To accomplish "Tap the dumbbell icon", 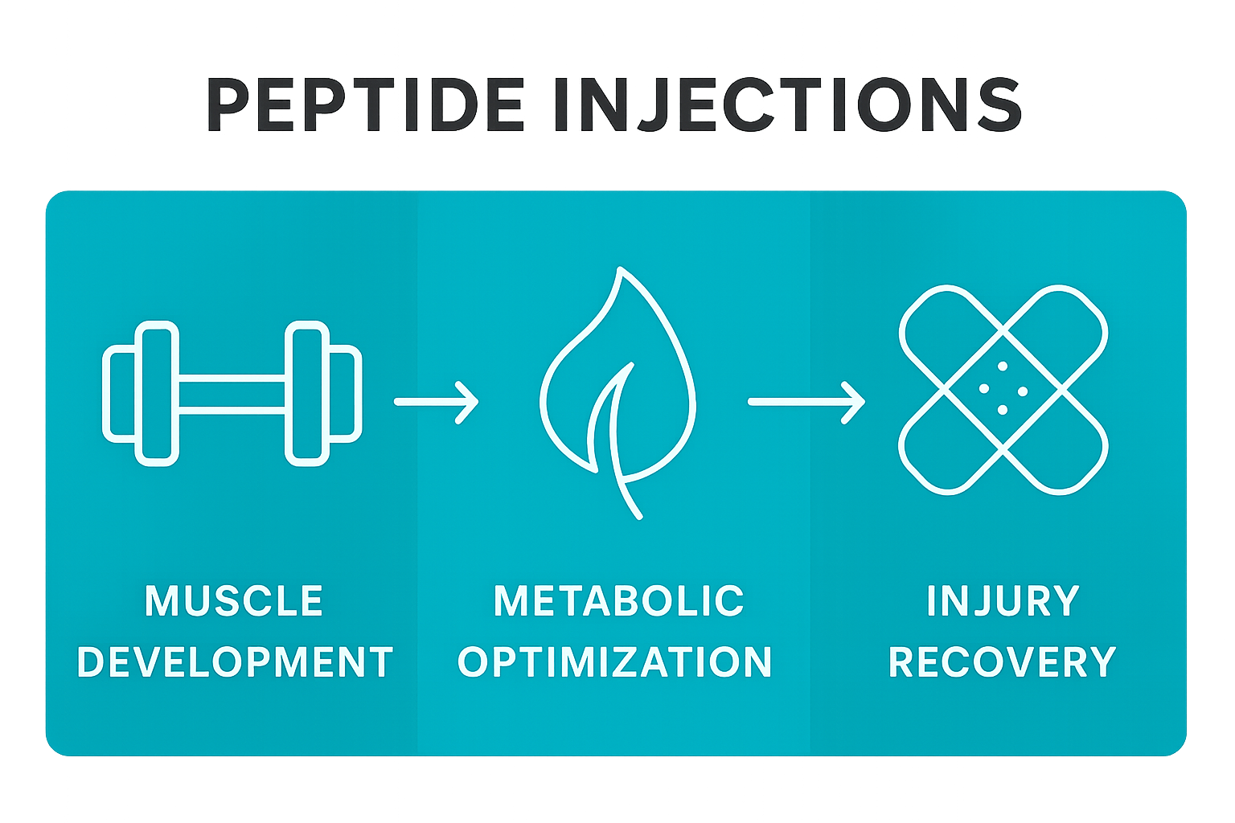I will (x=232, y=393).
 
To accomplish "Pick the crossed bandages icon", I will (x=1003, y=389).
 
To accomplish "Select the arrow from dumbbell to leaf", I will (x=436, y=401).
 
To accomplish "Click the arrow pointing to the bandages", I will (x=806, y=401).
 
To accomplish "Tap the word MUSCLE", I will (x=234, y=601).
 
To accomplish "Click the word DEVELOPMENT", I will (x=235, y=662).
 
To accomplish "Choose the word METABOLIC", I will (x=619, y=601).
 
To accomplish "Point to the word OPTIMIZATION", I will (x=615, y=662).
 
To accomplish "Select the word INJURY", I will (x=1003, y=601).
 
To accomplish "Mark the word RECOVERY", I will (x=1003, y=662).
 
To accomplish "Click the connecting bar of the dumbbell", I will (x=232, y=394).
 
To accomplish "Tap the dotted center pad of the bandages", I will (x=1003, y=389).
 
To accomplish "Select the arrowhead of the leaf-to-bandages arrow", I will (x=854, y=401).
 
